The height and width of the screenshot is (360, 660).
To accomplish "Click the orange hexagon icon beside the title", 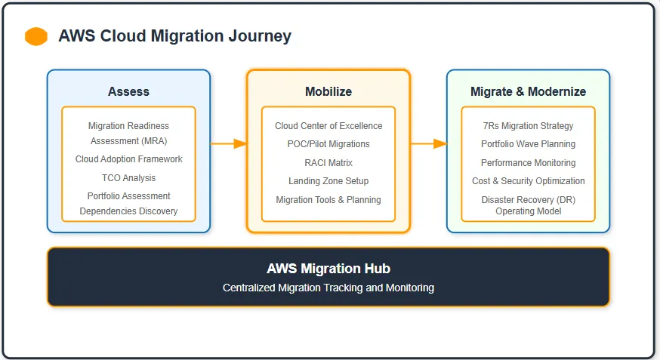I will coord(36,36).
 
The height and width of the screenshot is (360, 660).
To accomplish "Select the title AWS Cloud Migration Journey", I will coord(174,36).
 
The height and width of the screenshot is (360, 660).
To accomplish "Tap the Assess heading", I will coord(128,91).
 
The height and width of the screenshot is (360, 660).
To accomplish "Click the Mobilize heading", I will coord(328,91).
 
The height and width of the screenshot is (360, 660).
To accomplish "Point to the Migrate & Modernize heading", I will coord(528,91).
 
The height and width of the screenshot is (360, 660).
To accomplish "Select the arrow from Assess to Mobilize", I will coord(229,143).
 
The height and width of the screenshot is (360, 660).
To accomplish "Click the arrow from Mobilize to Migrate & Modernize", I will coord(428,143).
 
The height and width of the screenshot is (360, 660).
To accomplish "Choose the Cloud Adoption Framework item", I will coord(128,159).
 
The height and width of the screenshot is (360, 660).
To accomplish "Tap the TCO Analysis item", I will coord(128,178).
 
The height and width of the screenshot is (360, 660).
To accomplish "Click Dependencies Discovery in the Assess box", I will coord(128,211).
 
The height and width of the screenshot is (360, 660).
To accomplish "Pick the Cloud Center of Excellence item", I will coord(328,126).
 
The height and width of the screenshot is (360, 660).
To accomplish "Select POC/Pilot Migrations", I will coord(328,144).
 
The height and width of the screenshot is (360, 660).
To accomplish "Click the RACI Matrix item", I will coord(328,163).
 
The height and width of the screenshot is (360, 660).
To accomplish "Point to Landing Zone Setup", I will coord(328,181).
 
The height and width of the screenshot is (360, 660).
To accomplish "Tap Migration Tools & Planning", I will coord(328,200).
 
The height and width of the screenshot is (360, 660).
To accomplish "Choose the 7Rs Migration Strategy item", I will coord(528,126).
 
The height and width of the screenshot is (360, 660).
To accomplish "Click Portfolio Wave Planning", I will coord(528,144).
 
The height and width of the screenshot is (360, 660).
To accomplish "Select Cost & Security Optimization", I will coord(528,181).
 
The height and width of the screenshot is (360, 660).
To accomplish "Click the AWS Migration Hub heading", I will coord(328,269).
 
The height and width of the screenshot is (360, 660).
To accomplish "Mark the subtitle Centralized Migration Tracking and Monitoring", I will coord(328,288).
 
